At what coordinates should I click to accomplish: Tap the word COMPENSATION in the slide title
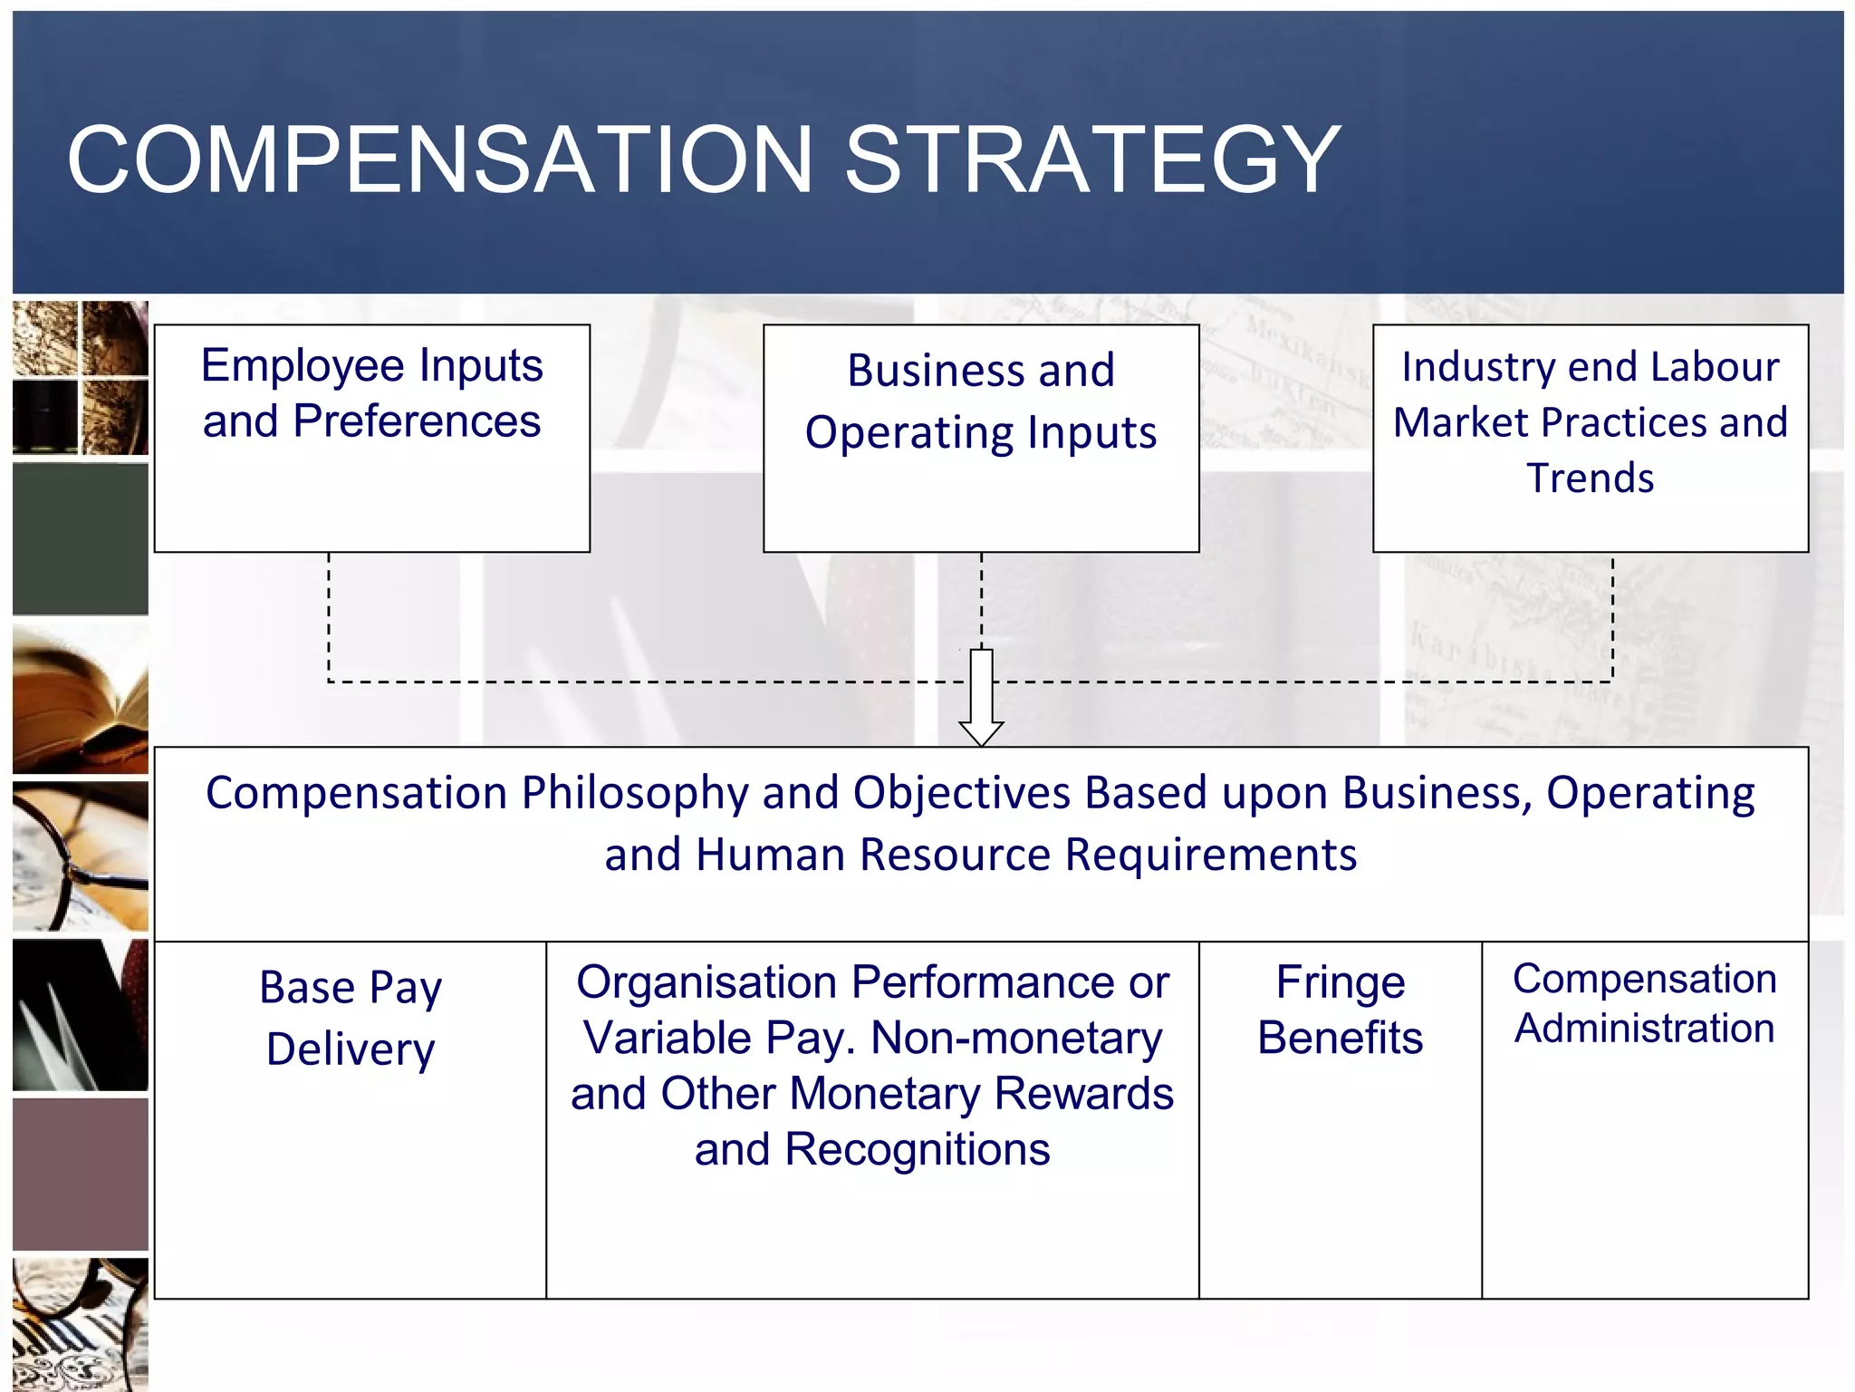point(439,160)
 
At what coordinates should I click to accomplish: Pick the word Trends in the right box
point(1590,478)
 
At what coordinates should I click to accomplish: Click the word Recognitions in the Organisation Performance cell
point(917,1150)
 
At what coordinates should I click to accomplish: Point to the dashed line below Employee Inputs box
point(329,616)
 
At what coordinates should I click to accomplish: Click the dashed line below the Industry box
point(1612,616)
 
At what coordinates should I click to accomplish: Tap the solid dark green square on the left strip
point(81,538)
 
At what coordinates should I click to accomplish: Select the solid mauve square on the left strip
point(81,1174)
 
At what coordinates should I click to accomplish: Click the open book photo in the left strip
point(81,698)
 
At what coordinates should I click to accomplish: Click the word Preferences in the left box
point(417,421)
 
